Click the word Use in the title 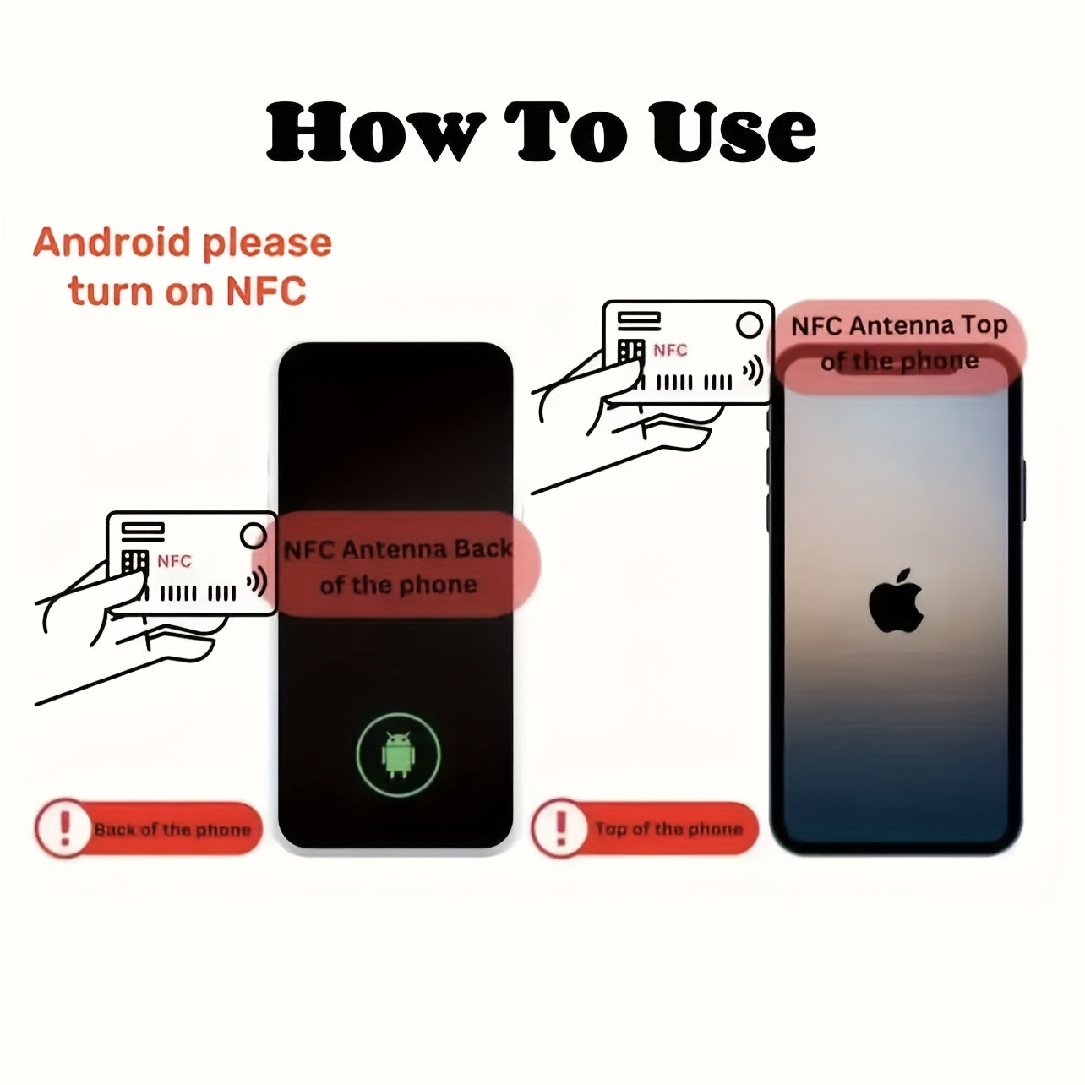pyautogui.click(x=733, y=132)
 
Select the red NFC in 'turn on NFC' pyautogui.click(x=266, y=291)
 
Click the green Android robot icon pyautogui.click(x=398, y=755)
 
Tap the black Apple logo pyautogui.click(x=896, y=601)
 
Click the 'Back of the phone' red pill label pyautogui.click(x=149, y=829)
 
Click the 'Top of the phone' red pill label pyautogui.click(x=645, y=828)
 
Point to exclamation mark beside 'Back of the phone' pyautogui.click(x=65, y=828)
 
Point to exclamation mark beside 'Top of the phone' pyautogui.click(x=561, y=827)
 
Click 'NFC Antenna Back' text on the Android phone pyautogui.click(x=398, y=549)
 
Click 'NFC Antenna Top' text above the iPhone pyautogui.click(x=898, y=326)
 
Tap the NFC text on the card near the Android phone pyautogui.click(x=174, y=561)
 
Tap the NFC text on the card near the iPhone pyautogui.click(x=670, y=350)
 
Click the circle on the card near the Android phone pyautogui.click(x=254, y=536)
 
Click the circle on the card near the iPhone pyautogui.click(x=750, y=324)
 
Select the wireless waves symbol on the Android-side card pyautogui.click(x=257, y=581)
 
